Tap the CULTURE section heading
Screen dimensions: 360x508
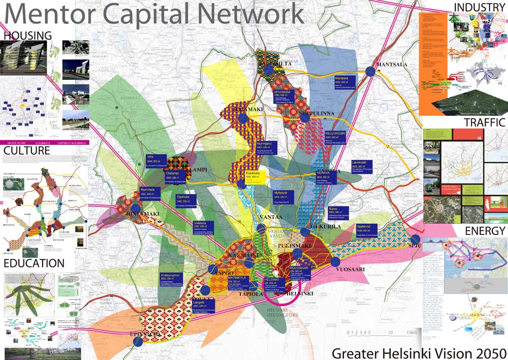(x=26, y=151)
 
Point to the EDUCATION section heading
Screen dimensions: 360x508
(x=34, y=263)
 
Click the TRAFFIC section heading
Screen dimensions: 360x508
(x=484, y=123)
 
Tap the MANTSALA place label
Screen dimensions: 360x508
(x=394, y=65)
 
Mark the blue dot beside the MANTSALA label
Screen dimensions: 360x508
(x=370, y=72)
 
